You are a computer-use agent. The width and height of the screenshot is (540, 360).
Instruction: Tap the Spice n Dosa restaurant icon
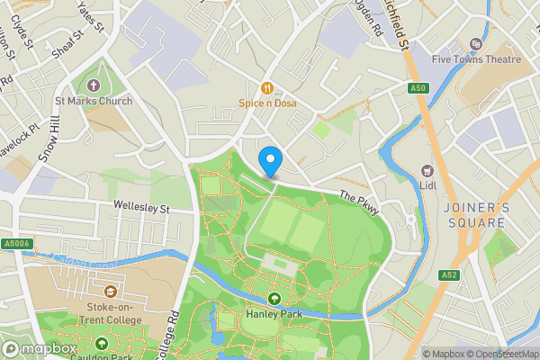266,88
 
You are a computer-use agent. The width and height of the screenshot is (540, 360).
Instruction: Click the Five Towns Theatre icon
476,43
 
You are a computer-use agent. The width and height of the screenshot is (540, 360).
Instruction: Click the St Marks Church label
93,102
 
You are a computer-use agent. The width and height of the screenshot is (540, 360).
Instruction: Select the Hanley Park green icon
273,299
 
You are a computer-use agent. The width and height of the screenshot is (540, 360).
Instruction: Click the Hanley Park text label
273,315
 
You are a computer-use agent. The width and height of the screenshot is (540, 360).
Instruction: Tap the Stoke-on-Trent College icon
110,292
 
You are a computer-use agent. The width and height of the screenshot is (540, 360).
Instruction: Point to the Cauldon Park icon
102,343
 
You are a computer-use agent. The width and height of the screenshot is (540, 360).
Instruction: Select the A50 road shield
418,87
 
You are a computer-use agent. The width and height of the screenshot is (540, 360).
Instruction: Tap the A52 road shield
450,274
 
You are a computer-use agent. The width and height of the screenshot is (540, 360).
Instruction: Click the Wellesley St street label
141,207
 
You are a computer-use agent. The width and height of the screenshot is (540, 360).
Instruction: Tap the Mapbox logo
40,348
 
